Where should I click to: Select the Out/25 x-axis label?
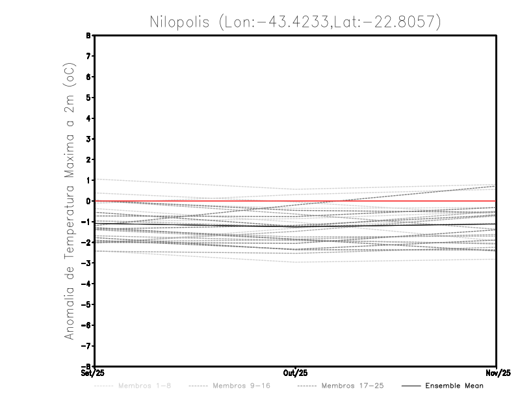click(296, 373)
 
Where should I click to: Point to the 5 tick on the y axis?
click(89, 98)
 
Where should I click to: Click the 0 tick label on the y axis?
click(89, 201)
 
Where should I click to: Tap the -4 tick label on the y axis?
click(88, 284)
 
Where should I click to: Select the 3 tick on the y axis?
click(89, 139)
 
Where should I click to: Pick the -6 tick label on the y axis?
click(88, 325)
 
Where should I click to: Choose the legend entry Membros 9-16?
click(241, 386)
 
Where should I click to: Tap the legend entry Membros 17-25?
click(352, 386)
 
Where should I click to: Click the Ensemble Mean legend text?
click(454, 386)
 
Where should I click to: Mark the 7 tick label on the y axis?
click(89, 57)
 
